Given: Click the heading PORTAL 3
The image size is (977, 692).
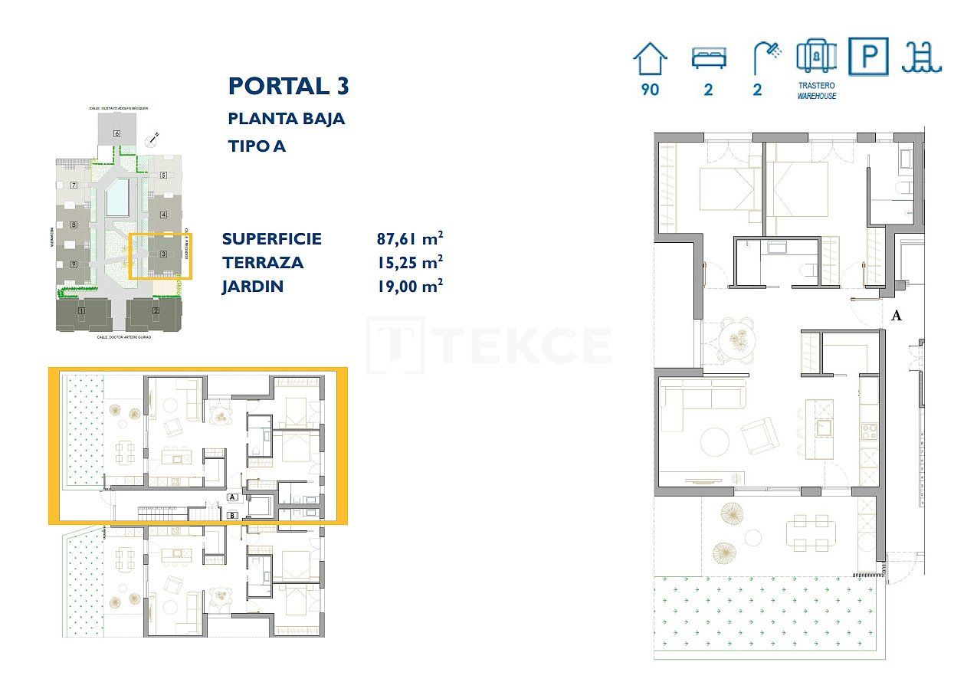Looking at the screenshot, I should point(289,86).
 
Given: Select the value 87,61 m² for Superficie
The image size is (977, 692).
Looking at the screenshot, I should point(410,238).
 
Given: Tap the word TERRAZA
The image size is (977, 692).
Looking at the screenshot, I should point(263,263).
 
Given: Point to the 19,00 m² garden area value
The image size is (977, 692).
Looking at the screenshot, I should point(410,287).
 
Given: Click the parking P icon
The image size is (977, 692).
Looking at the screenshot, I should point(868,57).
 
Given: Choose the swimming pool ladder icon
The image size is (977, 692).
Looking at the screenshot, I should point(921,57).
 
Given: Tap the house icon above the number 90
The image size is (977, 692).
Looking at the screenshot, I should point(650,58).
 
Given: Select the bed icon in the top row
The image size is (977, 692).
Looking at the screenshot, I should point(708,58).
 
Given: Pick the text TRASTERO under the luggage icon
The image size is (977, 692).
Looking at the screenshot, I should point(816,86).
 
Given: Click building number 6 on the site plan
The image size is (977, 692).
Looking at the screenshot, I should point(116,133).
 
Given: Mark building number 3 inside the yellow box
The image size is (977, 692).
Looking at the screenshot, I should point(163,254).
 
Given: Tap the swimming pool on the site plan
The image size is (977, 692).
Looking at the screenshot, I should point(117,198).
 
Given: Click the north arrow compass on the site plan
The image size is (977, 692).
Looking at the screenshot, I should point(153,139).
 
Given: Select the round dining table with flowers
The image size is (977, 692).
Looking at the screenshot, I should point(739,338).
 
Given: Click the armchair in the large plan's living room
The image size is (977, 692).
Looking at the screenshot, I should point(760,435).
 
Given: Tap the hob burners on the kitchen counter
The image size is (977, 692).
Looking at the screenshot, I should point(869,432).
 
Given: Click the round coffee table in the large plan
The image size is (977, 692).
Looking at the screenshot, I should point(716,441).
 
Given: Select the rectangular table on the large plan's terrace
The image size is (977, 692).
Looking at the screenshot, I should point(814,532).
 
